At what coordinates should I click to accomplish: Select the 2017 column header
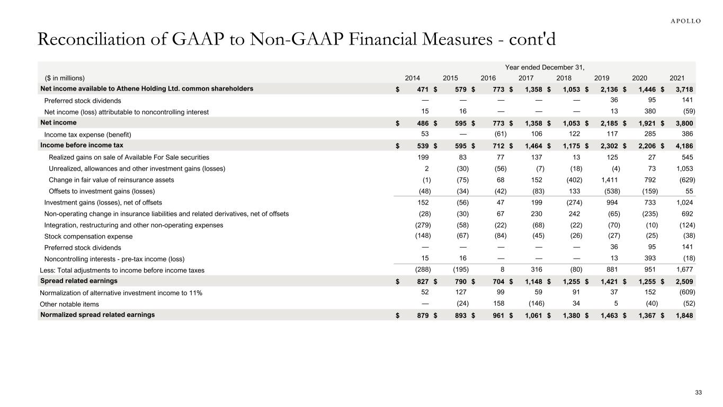[x=526, y=78]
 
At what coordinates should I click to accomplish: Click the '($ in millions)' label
[x=65, y=78]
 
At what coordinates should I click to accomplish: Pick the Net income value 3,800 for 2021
[x=684, y=123]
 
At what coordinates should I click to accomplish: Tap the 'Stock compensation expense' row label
[x=88, y=236]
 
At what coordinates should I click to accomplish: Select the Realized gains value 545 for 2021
[x=688, y=157]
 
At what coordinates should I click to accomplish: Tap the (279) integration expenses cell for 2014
[x=423, y=225]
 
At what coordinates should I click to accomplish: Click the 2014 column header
[x=413, y=78]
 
